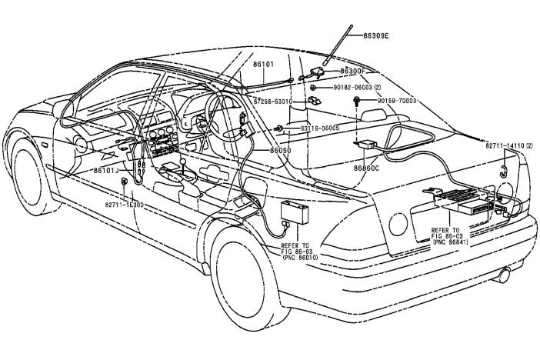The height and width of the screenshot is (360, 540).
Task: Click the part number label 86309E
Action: tap(375, 35)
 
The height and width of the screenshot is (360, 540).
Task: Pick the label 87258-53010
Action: tap(273, 102)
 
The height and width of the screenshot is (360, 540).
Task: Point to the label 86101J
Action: tap(107, 170)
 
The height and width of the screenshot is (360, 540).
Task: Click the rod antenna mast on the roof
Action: tap(336, 46)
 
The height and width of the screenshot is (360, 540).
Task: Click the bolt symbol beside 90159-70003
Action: tap(358, 101)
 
